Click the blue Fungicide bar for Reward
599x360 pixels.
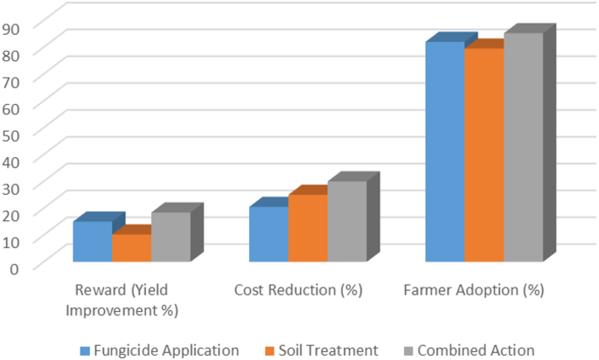coord(93,241)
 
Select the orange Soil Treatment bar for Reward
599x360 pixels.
coord(132,247)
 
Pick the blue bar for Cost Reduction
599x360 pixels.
coord(269,234)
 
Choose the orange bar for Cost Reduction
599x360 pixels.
coord(308,228)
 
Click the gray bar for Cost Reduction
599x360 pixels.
coord(347,221)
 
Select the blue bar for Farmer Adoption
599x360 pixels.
coord(445,151)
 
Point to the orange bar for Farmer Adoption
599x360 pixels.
coord(484,155)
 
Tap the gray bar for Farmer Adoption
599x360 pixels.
coord(524,147)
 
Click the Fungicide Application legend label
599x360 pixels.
coord(166,350)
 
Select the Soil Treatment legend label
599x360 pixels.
coord(328,350)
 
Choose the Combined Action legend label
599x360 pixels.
coord(476,350)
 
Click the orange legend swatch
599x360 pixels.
coord(270,351)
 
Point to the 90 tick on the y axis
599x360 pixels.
coord(10,30)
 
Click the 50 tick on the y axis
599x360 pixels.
coord(10,136)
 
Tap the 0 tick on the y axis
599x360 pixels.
coord(14,269)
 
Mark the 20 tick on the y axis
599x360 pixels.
coord(10,216)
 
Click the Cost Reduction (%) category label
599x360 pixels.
coord(298,290)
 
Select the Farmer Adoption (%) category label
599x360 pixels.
coord(474,290)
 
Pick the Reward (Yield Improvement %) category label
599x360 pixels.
coord(122,300)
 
